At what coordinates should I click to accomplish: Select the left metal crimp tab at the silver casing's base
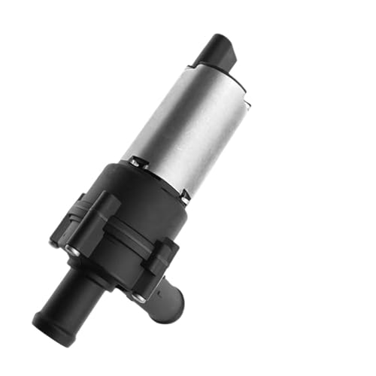(x=133, y=161)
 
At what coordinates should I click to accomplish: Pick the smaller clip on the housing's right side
(x=162, y=256)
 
